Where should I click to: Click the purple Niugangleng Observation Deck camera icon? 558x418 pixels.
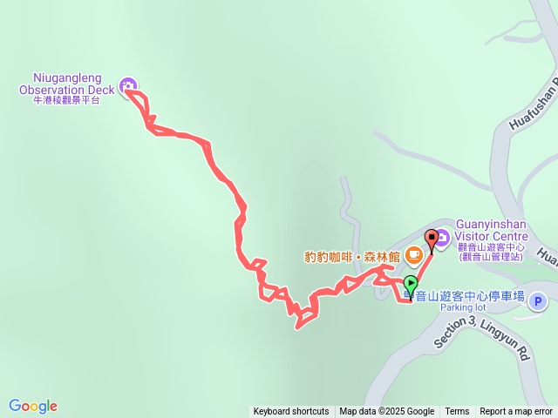[x=129, y=85]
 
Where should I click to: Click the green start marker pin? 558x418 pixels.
[x=411, y=284]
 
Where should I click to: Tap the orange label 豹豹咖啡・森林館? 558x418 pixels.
[x=352, y=256]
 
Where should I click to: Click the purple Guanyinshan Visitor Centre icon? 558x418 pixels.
[x=442, y=235]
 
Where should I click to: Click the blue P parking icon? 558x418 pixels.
[x=538, y=301]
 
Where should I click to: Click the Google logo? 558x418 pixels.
[x=33, y=406]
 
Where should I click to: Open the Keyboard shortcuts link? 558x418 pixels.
[x=291, y=412]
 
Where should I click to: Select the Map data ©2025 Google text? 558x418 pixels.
[x=387, y=412]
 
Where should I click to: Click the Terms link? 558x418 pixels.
[x=457, y=412]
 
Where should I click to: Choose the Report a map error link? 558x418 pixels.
[x=516, y=412]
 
